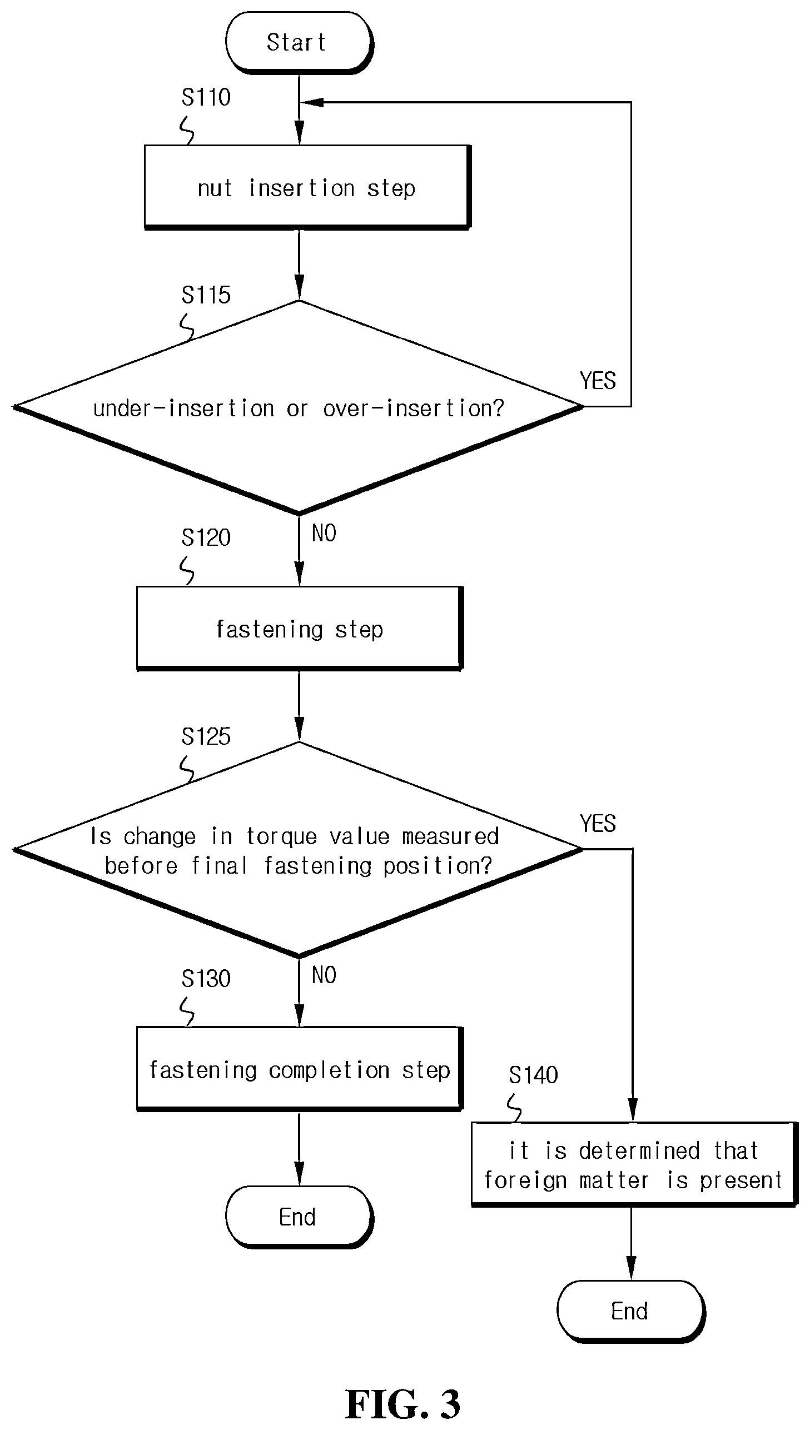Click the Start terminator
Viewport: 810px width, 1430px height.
click(x=299, y=43)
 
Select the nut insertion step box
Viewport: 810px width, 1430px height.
click(x=307, y=187)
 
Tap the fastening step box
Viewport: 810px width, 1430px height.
click(x=300, y=629)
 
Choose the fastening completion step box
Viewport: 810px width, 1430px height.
click(x=300, y=1069)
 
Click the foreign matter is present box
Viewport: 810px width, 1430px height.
click(x=634, y=1164)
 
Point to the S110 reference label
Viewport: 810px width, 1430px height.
click(x=206, y=97)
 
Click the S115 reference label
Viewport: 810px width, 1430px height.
click(x=206, y=295)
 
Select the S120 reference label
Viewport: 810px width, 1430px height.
click(x=206, y=537)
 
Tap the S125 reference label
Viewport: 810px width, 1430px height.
click(x=206, y=736)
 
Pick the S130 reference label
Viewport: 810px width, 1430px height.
click(x=206, y=979)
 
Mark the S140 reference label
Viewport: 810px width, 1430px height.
click(x=533, y=1075)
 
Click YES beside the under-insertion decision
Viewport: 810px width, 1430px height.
click(x=598, y=381)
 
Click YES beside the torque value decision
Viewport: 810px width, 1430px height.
click(x=598, y=824)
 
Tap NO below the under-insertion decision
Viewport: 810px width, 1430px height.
click(x=324, y=533)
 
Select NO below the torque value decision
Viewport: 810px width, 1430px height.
click(x=324, y=975)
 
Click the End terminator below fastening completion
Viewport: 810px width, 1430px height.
click(x=299, y=1217)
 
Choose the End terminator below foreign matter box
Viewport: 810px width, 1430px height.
click(x=631, y=1311)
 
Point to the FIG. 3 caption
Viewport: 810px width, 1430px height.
click(x=402, y=1404)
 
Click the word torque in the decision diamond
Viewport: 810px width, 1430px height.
click(x=282, y=837)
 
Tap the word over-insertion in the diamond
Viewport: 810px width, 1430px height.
click(x=414, y=408)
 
